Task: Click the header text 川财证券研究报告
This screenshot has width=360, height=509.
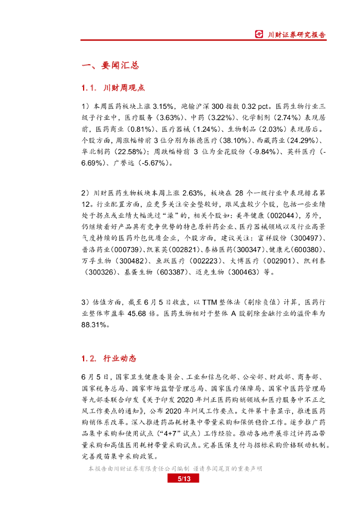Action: [297, 34]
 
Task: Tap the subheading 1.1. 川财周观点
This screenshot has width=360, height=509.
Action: [113, 88]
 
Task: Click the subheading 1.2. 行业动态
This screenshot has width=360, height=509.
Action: [108, 358]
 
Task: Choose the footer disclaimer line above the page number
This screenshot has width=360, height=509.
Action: [175, 469]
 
